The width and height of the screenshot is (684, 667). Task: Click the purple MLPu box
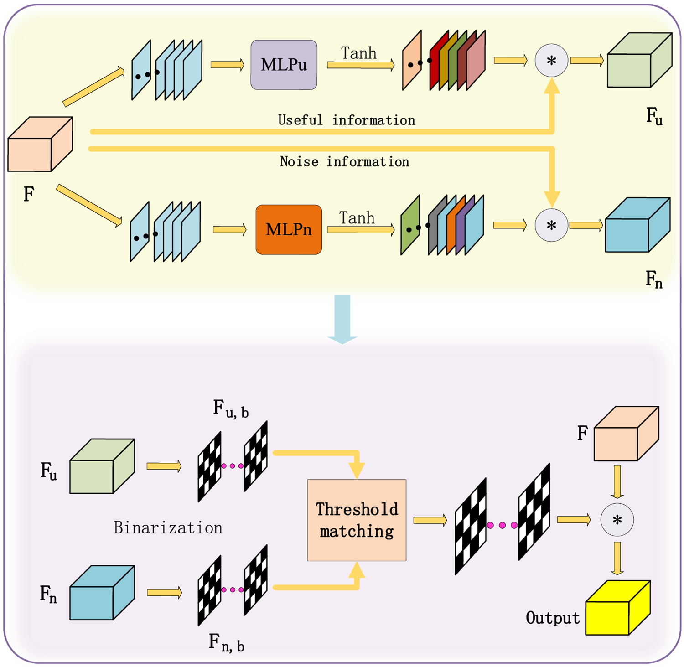pyautogui.click(x=284, y=65)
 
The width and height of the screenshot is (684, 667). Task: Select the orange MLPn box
pyautogui.click(x=289, y=229)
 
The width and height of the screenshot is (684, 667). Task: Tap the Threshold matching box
pyautogui.click(x=357, y=520)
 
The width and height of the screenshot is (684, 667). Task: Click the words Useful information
pyautogui.click(x=347, y=120)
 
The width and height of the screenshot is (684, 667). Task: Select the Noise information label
pyautogui.click(x=344, y=162)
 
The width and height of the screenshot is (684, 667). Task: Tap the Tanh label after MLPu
pyautogui.click(x=359, y=53)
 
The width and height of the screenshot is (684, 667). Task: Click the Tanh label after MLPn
pyautogui.click(x=357, y=218)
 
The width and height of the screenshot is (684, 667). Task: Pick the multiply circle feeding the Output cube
pyautogui.click(x=617, y=520)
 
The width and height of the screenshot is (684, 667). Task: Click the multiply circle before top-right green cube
pyautogui.click(x=551, y=60)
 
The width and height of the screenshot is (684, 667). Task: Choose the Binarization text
pyautogui.click(x=168, y=527)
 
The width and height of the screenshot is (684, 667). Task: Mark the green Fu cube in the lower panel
pyautogui.click(x=101, y=466)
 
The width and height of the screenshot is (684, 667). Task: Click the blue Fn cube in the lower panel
pyautogui.click(x=101, y=593)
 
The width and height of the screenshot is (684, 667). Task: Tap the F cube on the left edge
pyautogui.click(x=40, y=145)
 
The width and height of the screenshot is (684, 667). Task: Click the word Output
pyautogui.click(x=552, y=618)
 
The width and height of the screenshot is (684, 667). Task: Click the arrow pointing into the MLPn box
pyautogui.click(x=229, y=229)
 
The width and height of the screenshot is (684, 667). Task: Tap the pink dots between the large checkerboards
pyautogui.click(x=502, y=525)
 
